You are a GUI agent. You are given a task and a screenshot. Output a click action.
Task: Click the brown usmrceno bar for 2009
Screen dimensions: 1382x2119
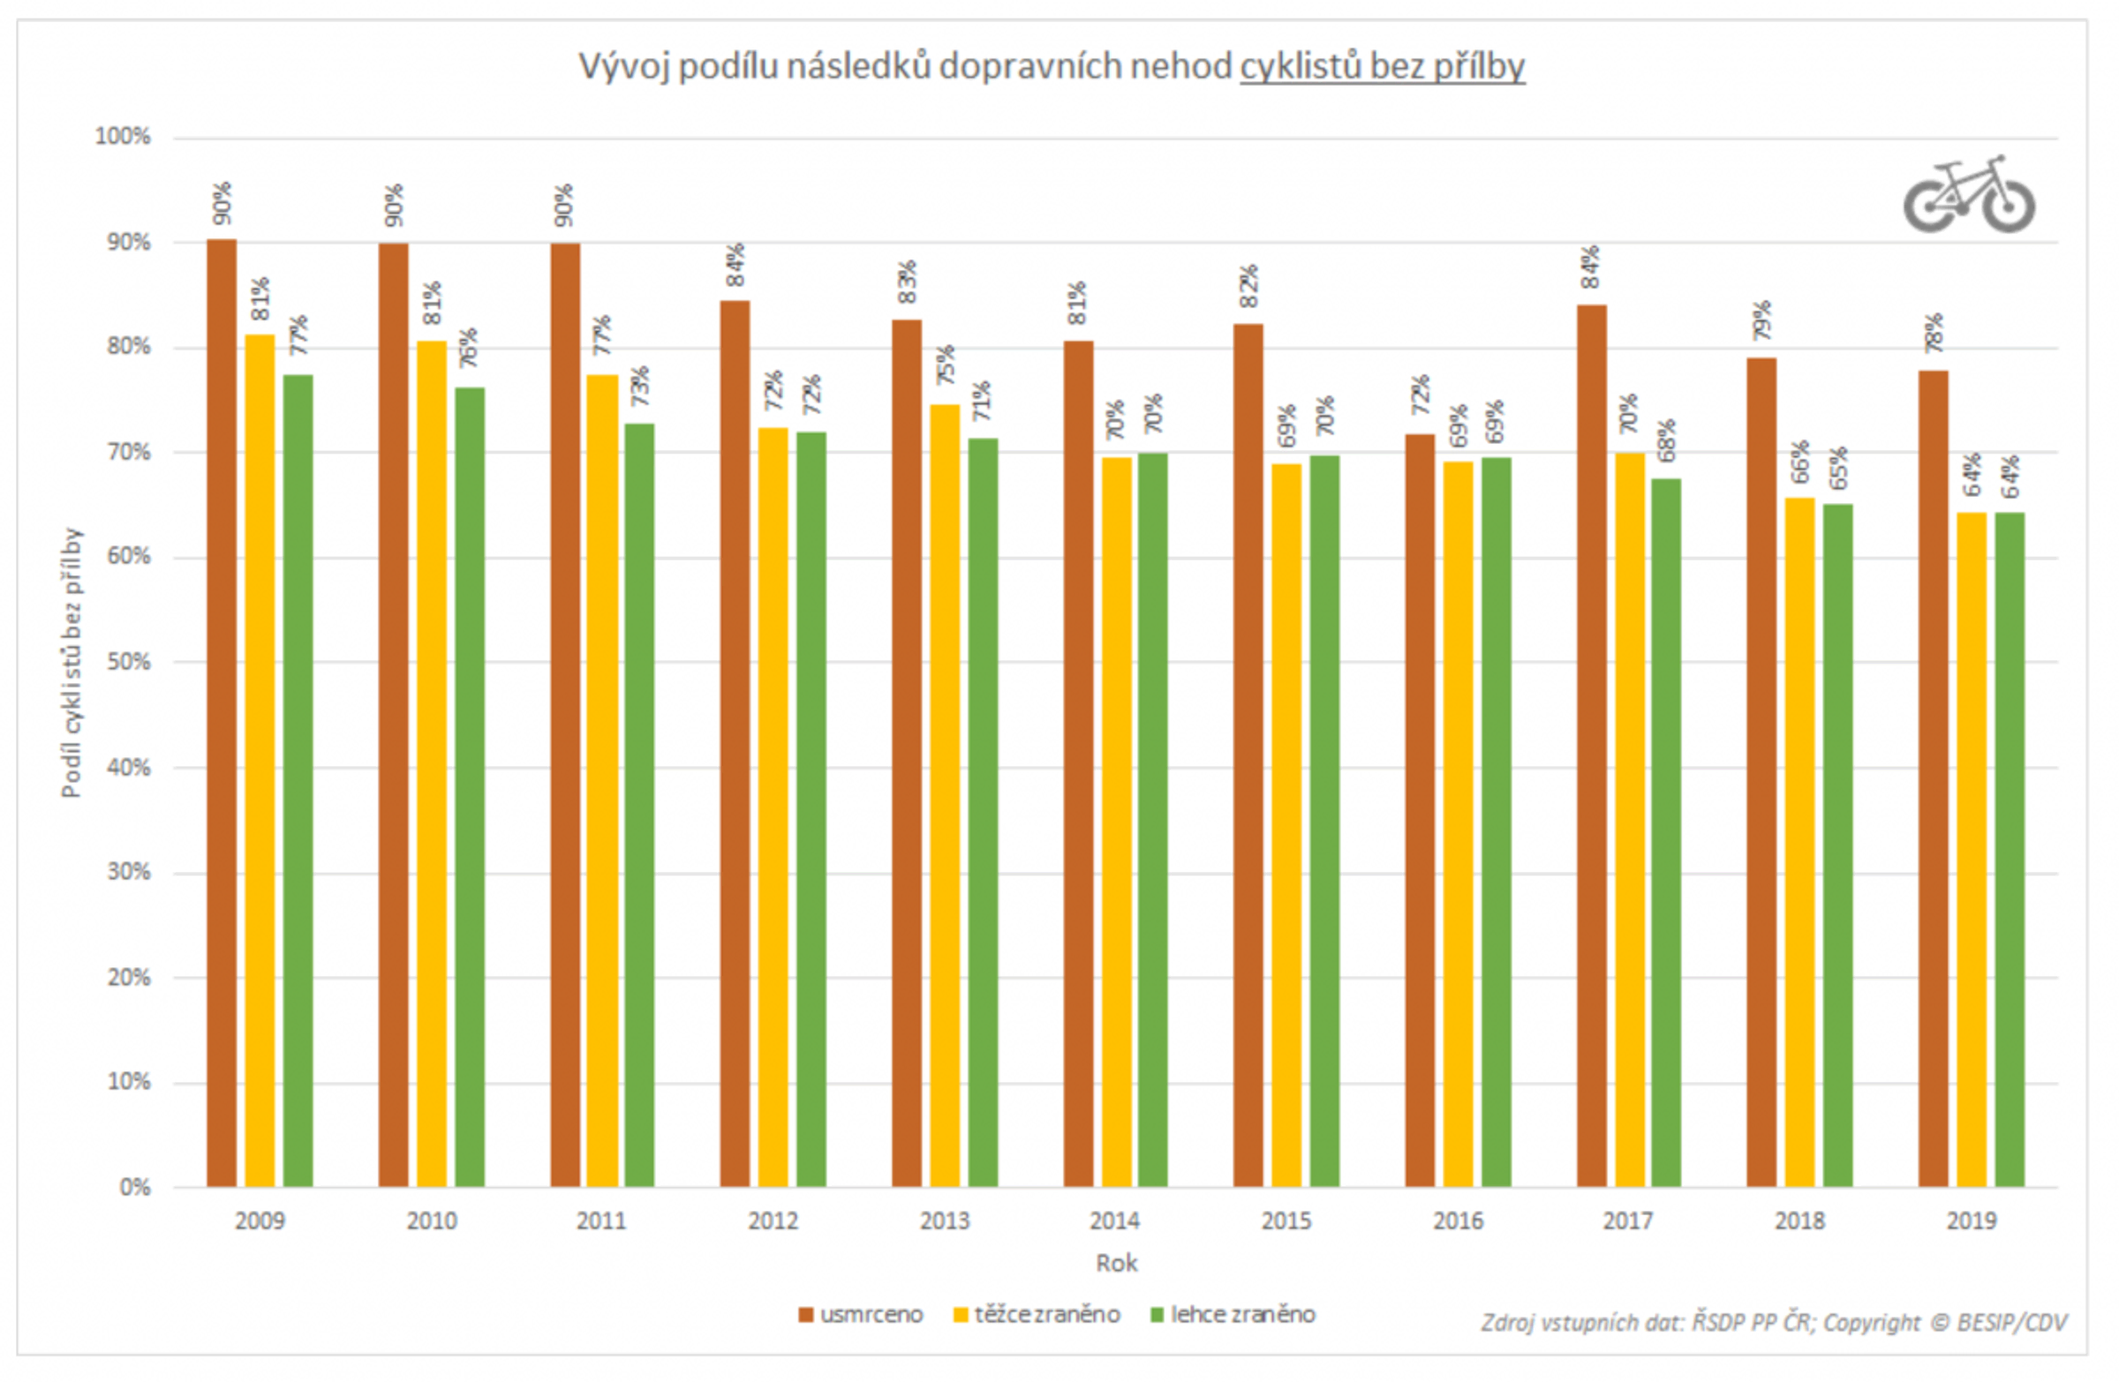pyautogui.click(x=222, y=712)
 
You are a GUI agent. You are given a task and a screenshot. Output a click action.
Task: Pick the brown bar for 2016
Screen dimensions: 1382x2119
pyautogui.click(x=1419, y=810)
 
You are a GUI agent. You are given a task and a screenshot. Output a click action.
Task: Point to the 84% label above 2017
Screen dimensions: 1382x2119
pyautogui.click(x=1590, y=267)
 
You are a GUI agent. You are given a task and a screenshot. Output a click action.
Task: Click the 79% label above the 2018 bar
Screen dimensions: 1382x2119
pyautogui.click(x=1761, y=320)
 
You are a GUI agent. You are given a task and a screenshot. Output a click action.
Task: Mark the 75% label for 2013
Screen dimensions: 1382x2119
pyautogui.click(x=945, y=364)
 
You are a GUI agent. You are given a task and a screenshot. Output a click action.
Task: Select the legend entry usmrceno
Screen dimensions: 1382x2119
pyautogui.click(x=861, y=1314)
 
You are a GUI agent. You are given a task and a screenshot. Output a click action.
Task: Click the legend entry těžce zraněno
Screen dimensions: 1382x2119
pyautogui.click(x=1037, y=1314)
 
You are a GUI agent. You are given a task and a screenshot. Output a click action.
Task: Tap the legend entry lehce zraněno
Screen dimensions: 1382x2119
pyautogui.click(x=1233, y=1314)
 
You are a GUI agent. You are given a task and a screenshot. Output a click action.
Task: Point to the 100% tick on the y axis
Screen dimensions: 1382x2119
pyautogui.click(x=123, y=137)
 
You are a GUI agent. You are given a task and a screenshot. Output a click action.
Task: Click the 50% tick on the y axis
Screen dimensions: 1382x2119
pyautogui.click(x=128, y=662)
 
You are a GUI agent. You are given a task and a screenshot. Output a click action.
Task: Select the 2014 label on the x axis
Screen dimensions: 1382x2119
pyautogui.click(x=1115, y=1221)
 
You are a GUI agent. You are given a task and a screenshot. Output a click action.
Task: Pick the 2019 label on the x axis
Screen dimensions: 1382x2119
pyautogui.click(x=1972, y=1221)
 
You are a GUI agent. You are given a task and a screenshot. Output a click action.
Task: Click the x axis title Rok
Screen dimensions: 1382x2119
pyautogui.click(x=1117, y=1264)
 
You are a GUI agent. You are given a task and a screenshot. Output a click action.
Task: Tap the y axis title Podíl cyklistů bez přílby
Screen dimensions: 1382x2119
pyautogui.click(x=72, y=663)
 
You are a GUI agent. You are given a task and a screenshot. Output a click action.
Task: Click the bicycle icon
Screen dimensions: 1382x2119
pyautogui.click(x=1970, y=195)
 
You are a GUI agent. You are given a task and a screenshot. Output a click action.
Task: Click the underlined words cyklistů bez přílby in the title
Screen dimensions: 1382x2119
pyautogui.click(x=1382, y=67)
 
